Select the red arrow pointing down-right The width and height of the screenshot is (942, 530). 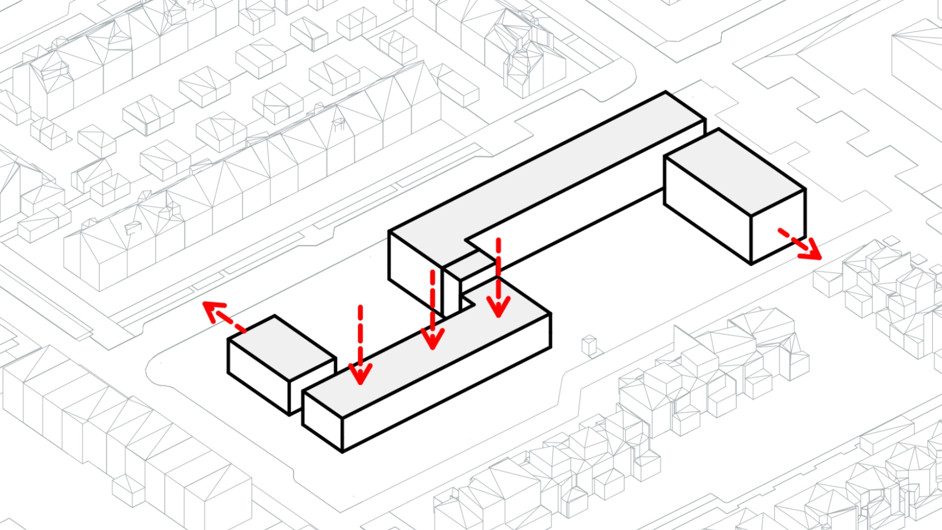point(802,245)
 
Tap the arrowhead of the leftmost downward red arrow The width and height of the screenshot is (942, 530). point(360,374)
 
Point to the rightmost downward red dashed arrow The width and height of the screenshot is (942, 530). point(498,280)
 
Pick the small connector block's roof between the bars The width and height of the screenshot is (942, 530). point(469,265)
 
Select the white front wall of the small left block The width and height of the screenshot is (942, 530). point(258,375)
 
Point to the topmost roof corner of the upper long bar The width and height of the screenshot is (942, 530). point(666,92)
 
